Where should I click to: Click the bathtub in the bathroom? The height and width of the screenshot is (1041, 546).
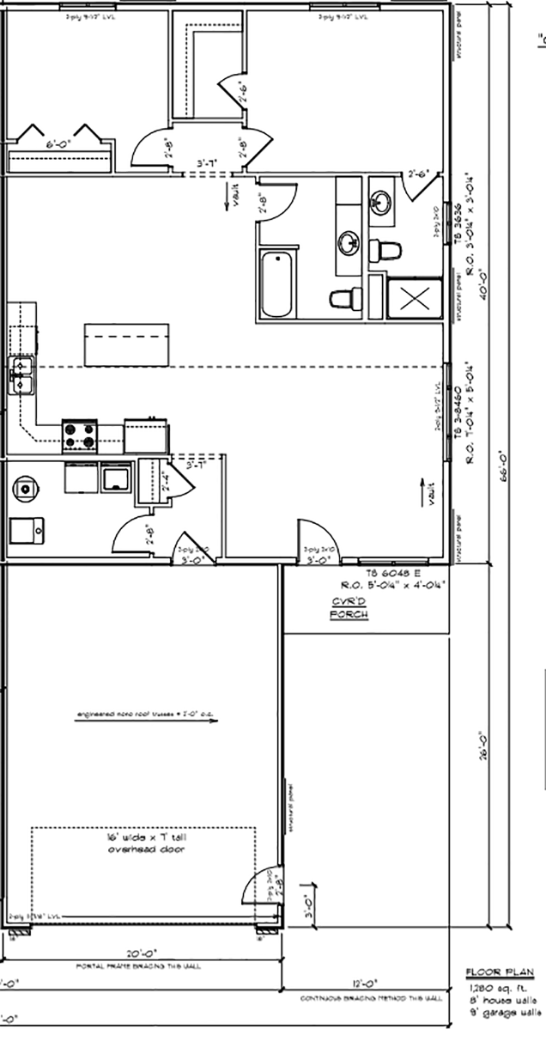pos(280,283)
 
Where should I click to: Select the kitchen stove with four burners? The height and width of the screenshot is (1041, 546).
pos(79,435)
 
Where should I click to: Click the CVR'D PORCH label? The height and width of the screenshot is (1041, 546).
pos(349,608)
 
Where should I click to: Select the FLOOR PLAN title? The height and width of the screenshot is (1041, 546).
pos(500,973)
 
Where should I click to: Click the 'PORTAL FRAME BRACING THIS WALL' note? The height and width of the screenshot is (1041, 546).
pos(138,966)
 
